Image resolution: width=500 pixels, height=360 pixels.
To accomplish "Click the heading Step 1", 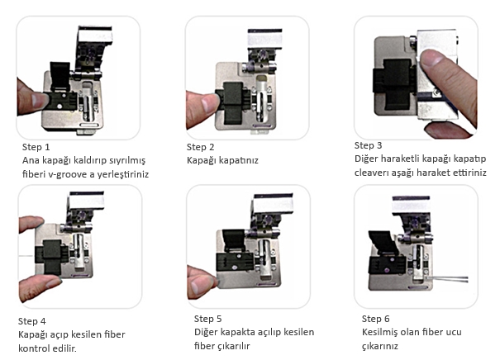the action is click(36, 147).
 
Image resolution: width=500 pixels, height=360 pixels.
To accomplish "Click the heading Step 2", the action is click(200, 147).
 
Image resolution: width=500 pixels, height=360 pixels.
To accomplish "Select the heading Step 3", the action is click(368, 145).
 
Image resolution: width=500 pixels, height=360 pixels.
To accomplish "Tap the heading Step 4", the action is click(32, 321).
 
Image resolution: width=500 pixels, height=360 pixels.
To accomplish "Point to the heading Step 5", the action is click(207, 319).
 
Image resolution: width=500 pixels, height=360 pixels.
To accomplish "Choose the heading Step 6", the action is click(376, 319).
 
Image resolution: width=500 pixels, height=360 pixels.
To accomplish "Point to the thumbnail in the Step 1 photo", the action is click(40, 100).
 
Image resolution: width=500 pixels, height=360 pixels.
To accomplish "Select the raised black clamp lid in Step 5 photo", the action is click(234, 240).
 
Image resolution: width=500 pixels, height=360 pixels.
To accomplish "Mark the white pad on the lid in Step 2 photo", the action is click(264, 40).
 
